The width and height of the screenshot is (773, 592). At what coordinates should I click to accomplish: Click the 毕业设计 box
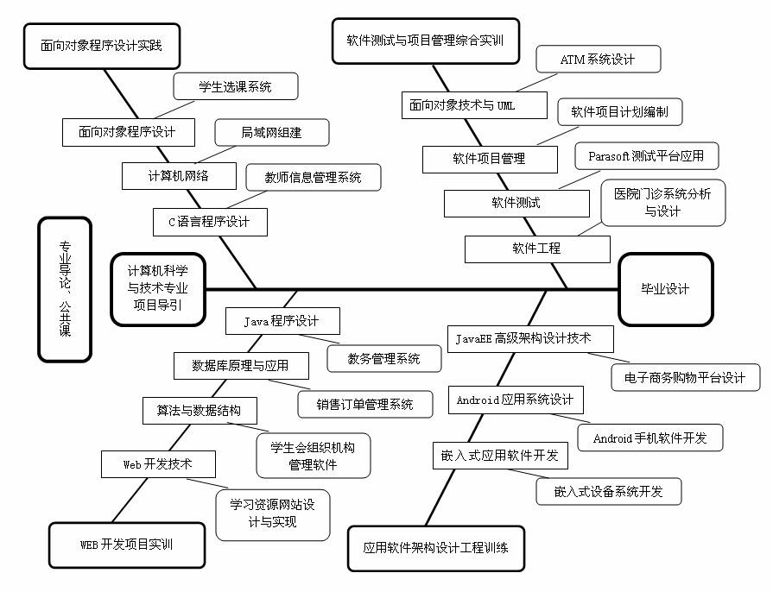[665, 289]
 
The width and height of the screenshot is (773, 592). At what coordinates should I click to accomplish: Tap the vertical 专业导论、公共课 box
[65, 289]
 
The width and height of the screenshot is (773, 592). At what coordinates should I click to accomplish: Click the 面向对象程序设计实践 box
[101, 45]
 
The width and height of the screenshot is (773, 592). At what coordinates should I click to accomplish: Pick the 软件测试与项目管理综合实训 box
[425, 40]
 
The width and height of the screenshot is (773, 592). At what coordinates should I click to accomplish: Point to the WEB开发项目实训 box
[127, 545]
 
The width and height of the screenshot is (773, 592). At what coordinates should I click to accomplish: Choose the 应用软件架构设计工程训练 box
[436, 547]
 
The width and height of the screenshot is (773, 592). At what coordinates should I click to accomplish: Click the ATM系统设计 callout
[598, 60]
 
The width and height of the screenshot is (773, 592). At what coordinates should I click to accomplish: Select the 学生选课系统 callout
[235, 86]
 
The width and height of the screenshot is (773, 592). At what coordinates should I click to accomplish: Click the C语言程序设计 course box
[209, 222]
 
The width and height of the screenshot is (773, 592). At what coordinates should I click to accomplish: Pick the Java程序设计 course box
[282, 321]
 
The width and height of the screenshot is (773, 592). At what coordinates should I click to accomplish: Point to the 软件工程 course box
[536, 249]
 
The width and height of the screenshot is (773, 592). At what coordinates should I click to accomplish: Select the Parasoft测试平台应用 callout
[646, 156]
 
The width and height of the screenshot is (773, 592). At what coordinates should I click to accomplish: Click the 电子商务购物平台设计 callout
[686, 378]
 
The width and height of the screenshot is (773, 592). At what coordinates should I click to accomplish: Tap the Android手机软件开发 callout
[649, 438]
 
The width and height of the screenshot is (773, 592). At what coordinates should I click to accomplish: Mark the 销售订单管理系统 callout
[364, 404]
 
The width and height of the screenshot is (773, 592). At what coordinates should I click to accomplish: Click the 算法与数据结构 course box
[199, 411]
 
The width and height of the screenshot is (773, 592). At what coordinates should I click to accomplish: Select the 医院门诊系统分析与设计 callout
[662, 203]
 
